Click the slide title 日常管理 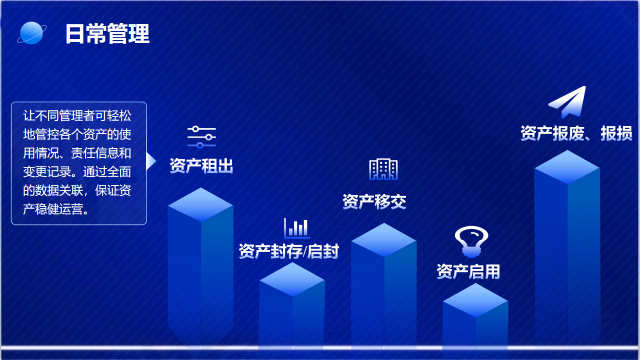pyautogui.click(x=107, y=33)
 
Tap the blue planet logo pyautogui.click(x=31, y=33)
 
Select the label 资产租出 pyautogui.click(x=201, y=165)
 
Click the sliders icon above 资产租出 pyautogui.click(x=201, y=137)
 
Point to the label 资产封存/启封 pyautogui.click(x=288, y=251)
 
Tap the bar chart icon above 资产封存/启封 pyautogui.click(x=297, y=228)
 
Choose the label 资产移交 pyautogui.click(x=374, y=201)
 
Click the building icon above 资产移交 pyautogui.click(x=383, y=169)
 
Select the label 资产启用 pyautogui.click(x=468, y=271)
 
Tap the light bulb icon pyautogui.click(x=471, y=241)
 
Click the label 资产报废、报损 pyautogui.click(x=576, y=133)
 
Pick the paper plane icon pyautogui.click(x=567, y=102)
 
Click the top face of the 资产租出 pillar pyautogui.click(x=200, y=204)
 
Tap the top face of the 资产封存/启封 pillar pyautogui.click(x=292, y=279)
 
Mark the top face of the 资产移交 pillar pyautogui.click(x=384, y=240)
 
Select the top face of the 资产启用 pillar pyautogui.click(x=475, y=300)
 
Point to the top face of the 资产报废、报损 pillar pyautogui.click(x=567, y=167)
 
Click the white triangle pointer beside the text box pyautogui.click(x=151, y=161)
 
